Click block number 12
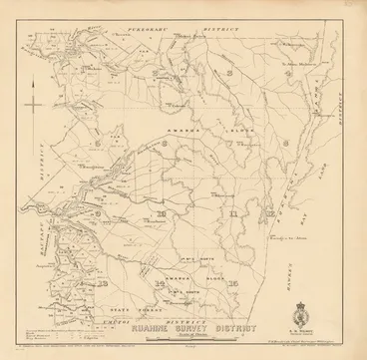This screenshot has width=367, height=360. tap(271, 213)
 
